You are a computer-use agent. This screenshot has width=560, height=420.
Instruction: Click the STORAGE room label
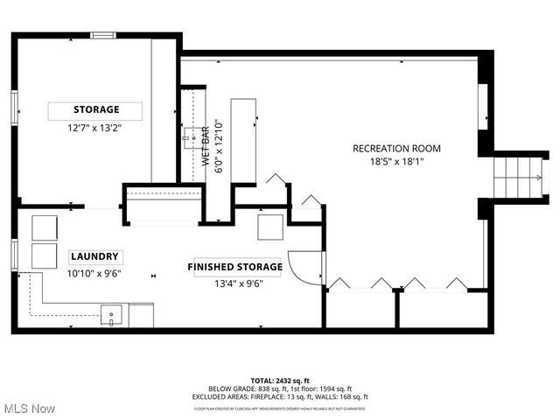95,110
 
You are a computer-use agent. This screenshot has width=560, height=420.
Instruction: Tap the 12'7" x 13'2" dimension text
95,128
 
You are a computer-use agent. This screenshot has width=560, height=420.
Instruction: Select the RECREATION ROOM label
396,148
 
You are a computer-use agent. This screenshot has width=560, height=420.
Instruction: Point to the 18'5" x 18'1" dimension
396,161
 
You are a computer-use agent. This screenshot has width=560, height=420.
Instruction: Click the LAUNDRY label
95,257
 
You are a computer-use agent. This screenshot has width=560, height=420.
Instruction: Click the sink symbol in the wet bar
189,136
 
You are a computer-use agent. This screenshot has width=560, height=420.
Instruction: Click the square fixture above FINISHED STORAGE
270,227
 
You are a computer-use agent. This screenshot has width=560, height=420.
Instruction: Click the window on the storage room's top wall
103,36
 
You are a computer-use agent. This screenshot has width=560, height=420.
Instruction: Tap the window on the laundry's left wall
14,253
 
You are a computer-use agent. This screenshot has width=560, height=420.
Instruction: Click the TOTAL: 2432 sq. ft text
280,381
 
